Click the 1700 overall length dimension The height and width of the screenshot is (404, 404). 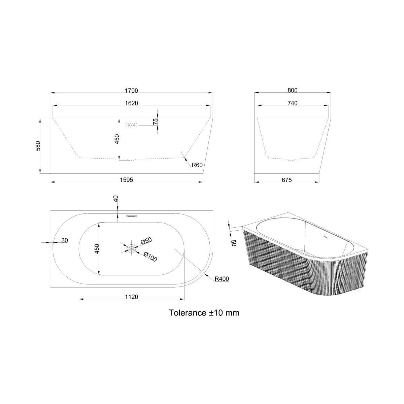click(131, 91)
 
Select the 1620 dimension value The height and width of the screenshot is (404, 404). click(131, 103)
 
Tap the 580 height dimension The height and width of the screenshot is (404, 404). click(38, 146)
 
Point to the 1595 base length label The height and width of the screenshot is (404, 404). click(127, 180)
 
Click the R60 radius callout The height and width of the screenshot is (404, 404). click(197, 165)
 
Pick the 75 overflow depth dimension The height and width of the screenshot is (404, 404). click(155, 122)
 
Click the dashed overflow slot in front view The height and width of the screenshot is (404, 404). click(131, 125)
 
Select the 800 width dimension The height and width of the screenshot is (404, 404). click(293, 90)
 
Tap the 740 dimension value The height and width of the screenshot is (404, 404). click(293, 103)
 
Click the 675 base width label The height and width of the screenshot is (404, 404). click(287, 180)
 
